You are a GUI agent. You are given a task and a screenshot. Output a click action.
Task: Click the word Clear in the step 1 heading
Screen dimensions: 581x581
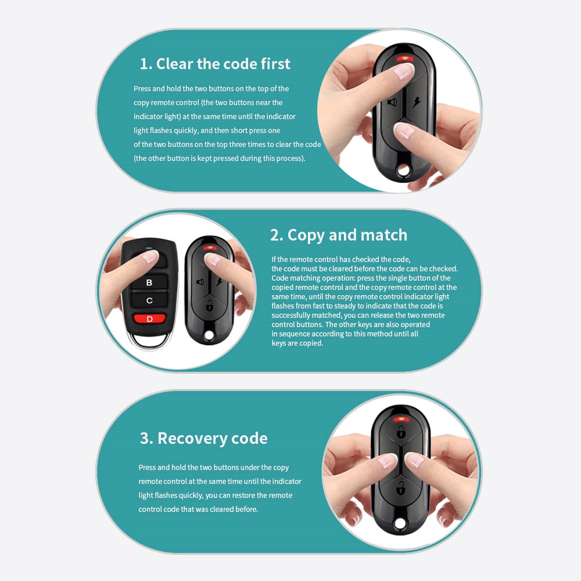coord(174,64)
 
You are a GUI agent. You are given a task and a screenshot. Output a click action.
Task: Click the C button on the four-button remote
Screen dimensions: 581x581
coord(149,300)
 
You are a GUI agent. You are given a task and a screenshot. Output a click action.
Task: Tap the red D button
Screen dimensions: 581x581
coord(149,318)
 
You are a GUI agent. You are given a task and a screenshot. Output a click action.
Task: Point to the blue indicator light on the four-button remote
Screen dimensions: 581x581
coord(149,249)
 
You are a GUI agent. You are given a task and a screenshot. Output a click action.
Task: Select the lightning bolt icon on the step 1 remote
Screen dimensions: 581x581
coord(416,102)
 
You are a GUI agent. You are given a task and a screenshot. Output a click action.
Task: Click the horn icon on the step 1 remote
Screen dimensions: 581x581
coord(392,102)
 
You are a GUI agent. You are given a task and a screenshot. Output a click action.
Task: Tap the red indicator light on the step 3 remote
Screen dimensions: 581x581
coord(401,420)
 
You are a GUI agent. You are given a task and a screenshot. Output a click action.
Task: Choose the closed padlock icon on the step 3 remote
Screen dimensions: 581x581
coord(400,432)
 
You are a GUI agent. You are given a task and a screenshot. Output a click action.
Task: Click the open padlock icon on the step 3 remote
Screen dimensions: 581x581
coord(400,487)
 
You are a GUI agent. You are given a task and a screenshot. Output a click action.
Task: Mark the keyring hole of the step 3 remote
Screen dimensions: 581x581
coord(400,524)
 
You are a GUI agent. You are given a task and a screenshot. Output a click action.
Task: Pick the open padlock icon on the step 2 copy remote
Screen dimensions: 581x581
coord(209,306)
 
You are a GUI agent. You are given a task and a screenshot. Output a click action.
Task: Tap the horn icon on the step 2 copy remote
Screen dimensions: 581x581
coord(200,282)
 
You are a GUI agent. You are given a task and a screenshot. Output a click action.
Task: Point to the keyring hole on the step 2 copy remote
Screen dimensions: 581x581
coord(209,335)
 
